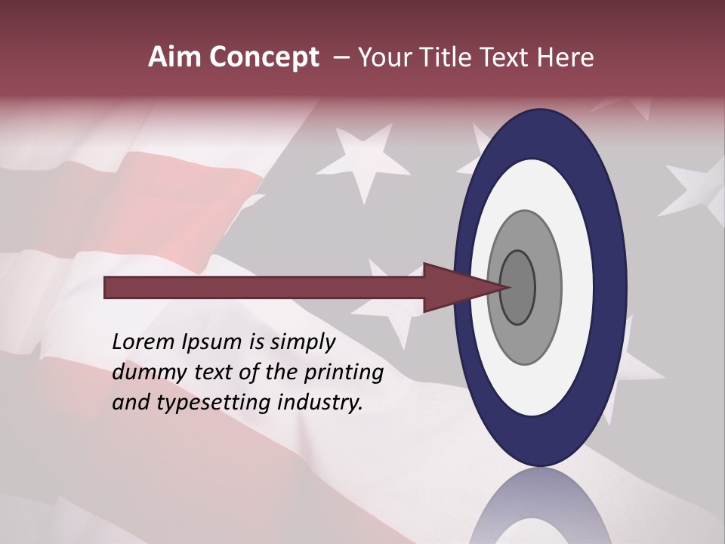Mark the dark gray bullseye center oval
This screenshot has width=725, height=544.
pos(518,287)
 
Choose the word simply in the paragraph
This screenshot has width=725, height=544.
pos(303,342)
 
